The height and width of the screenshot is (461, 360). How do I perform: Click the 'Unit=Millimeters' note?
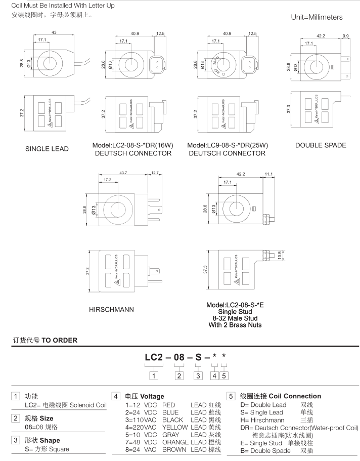click(x=317, y=17)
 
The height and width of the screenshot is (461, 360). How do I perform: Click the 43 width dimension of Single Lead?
click(x=54, y=33)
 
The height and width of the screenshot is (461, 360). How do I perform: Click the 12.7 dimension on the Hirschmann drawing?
click(x=155, y=174)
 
